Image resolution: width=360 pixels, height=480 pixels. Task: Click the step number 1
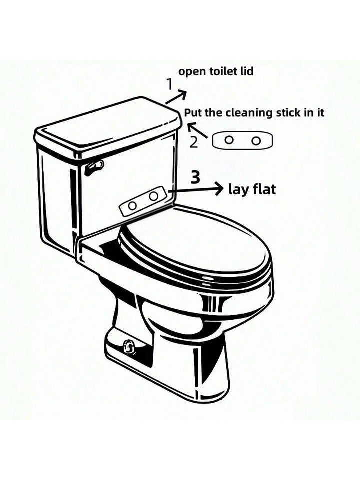169,84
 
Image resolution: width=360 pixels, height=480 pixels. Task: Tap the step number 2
194,142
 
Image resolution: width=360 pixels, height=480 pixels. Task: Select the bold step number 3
196,178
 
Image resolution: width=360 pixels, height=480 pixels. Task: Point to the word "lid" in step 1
246,71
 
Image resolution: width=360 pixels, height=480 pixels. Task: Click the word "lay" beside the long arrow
237,190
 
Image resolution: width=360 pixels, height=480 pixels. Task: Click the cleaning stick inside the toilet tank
144,201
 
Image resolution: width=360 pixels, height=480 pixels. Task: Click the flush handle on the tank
94,167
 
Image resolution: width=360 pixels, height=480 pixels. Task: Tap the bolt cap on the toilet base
129,346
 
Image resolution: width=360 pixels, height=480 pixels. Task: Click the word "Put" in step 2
193,113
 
